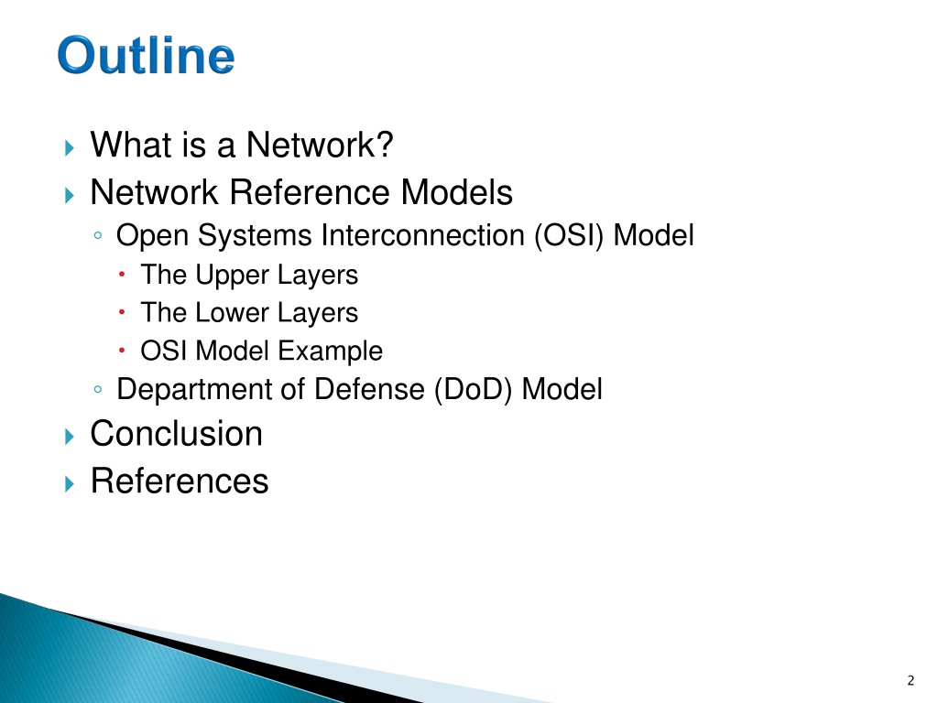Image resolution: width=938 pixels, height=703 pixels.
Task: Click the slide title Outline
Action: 146,55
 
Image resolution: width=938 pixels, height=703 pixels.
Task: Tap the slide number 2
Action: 911,680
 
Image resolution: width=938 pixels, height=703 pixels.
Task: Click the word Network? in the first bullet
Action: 320,145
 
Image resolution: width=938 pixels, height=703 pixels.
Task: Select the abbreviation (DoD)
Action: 474,390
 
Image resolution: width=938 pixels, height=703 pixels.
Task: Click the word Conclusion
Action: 177,433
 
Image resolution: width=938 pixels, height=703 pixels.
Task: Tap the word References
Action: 180,481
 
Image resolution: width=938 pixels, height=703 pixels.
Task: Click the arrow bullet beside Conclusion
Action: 70,437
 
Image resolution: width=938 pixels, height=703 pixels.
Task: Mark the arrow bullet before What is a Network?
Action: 70,147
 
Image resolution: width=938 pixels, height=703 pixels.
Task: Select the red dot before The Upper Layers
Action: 122,274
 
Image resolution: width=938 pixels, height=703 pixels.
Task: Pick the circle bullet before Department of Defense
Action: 98,390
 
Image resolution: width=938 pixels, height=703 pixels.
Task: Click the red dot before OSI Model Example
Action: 122,350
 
